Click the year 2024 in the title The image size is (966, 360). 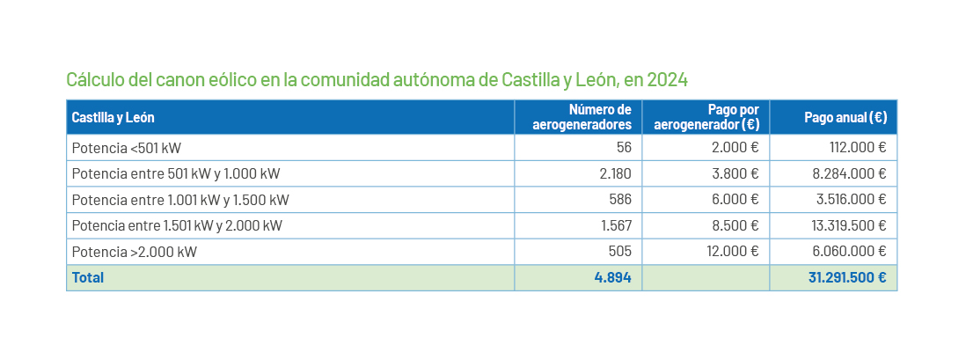coord(667,80)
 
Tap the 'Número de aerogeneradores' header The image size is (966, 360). coord(582,117)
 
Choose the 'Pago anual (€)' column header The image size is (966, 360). coord(845,117)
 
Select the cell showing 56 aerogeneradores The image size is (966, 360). coord(624,148)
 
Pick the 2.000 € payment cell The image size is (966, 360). coord(735,148)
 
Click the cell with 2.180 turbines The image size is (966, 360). coord(615,173)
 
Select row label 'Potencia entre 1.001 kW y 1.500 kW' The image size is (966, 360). coord(180,200)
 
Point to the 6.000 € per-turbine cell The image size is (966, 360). coord(735,200)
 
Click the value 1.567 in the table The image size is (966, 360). coord(615,225)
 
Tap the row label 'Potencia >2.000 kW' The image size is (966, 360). coord(134,252)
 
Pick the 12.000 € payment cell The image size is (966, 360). coord(732,252)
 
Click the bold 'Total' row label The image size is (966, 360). coord(88,278)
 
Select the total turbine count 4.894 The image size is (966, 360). coord(612,278)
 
